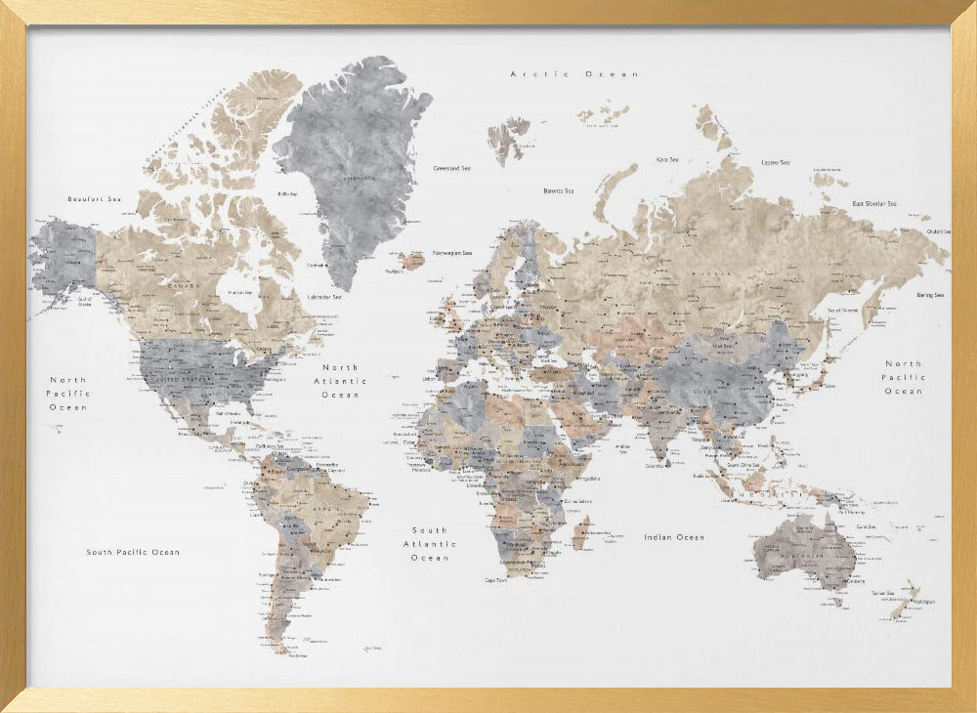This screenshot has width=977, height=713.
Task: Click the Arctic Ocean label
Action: (574, 74)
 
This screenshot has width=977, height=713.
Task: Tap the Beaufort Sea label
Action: (94, 199)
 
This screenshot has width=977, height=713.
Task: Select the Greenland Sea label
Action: (451, 168)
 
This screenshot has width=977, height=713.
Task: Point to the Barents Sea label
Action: (559, 190)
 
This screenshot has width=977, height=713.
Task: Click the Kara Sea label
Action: (667, 159)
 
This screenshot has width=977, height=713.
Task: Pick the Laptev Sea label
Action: (776, 162)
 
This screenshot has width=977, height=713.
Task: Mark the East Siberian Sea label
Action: (874, 203)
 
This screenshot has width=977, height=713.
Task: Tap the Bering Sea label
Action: (929, 295)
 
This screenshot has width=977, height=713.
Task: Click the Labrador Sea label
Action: (323, 297)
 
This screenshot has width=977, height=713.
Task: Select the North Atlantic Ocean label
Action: (340, 381)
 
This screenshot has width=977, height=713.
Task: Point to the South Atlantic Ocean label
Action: (429, 544)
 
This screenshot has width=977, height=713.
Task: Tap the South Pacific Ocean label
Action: (133, 552)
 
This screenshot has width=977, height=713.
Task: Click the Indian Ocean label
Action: (674, 537)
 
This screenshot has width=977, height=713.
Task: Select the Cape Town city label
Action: (497, 579)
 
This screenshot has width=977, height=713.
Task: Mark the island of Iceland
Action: (411, 261)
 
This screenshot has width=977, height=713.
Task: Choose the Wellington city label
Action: (923, 603)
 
